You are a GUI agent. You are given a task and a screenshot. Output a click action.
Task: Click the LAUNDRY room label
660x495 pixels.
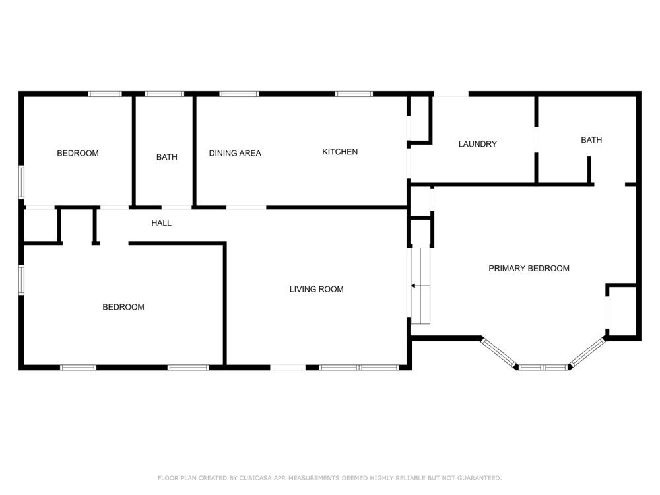477,144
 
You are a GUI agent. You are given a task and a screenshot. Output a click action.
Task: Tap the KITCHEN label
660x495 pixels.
340,152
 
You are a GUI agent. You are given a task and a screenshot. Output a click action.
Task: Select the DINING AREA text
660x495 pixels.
235,154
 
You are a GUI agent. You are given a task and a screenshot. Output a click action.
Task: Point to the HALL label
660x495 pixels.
161,223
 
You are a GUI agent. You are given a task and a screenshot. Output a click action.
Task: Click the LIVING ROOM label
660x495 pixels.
317,289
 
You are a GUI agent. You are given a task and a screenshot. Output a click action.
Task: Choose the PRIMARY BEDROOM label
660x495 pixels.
529,269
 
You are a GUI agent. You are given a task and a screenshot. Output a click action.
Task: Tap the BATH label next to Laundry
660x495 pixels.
591,140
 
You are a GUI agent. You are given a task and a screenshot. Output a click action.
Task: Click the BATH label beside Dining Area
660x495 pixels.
167,157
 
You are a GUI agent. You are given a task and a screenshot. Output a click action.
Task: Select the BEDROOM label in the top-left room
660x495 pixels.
78,153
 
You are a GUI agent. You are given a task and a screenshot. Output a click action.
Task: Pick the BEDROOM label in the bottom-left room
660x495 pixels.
123,307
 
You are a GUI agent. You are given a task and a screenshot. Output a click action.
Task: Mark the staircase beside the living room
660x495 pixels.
420,286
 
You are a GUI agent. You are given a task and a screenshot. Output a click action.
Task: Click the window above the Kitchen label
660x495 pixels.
354,94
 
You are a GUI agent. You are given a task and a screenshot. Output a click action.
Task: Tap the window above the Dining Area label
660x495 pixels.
239,94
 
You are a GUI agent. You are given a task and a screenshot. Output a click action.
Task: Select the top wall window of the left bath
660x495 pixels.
164,94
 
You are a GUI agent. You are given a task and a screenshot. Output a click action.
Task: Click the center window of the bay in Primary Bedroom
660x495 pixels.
543,368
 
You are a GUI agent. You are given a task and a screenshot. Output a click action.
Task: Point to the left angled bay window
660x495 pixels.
499,352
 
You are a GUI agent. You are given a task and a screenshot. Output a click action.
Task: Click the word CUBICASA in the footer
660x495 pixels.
256,478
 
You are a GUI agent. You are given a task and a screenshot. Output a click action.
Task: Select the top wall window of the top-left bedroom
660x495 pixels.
105,94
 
